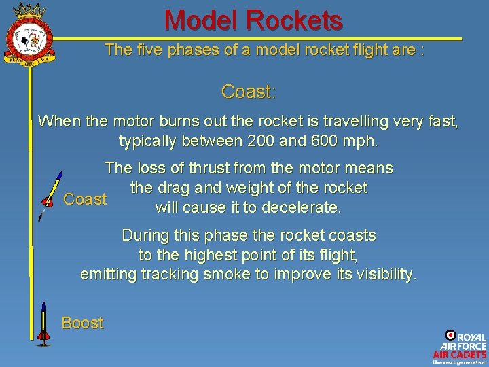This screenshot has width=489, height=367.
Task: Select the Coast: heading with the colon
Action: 248,91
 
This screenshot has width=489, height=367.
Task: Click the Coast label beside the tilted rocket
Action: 85,199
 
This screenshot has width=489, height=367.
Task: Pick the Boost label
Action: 82,323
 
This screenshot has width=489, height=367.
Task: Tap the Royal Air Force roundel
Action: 450,334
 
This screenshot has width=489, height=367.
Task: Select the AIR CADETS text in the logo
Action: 460,354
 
